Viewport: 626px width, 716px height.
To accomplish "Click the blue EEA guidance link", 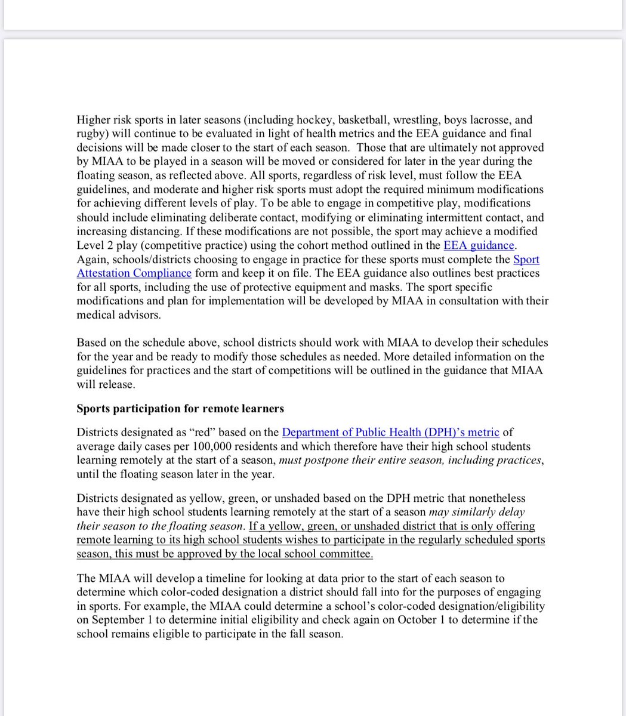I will click(479, 245).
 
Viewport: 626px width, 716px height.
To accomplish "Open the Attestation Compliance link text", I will click(134, 273).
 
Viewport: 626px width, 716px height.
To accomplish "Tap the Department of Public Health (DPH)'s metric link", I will click(390, 432).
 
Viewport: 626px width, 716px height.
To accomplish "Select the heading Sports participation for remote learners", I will click(180, 409).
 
